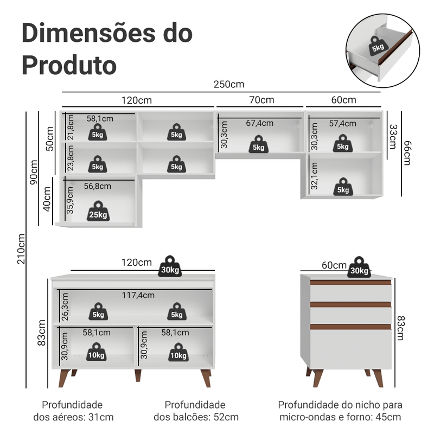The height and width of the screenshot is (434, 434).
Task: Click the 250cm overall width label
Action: [229, 84]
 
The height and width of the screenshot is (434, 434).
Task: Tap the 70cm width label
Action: [261, 100]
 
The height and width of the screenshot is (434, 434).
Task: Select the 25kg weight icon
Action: [98, 211]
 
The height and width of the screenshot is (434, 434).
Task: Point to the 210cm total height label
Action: [21, 249]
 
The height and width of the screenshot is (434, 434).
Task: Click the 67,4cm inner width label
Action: [260, 123]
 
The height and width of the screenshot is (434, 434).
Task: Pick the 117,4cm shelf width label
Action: [138, 295]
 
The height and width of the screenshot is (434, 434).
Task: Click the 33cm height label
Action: [393, 137]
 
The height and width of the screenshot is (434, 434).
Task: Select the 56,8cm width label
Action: [98, 186]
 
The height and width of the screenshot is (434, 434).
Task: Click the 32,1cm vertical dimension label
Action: [314, 175]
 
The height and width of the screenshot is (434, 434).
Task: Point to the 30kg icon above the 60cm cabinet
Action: [359, 267]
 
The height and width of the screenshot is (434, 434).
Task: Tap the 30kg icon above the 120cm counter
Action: [170, 266]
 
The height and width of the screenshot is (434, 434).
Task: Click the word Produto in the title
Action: [69, 65]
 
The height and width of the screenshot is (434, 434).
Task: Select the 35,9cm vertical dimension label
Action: [70, 200]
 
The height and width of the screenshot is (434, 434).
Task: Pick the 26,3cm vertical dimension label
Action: [65, 307]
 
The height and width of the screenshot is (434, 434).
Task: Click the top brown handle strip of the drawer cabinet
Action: [350, 282]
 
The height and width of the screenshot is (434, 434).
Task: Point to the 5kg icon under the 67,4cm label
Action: [259, 144]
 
